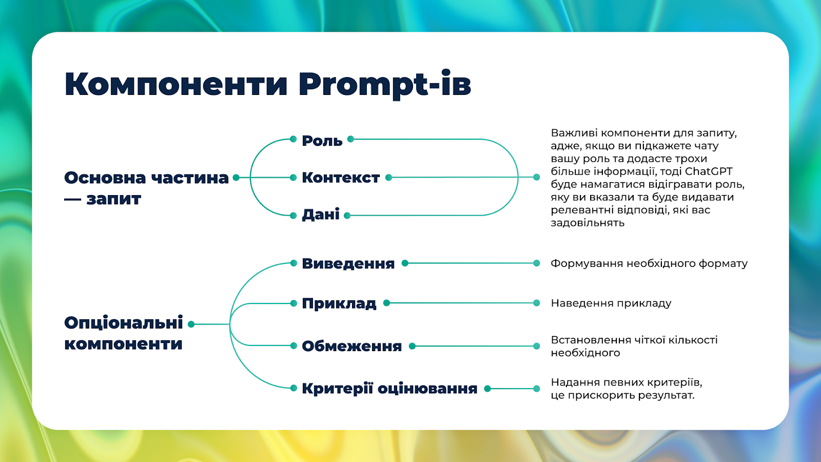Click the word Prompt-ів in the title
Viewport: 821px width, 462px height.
click(x=384, y=84)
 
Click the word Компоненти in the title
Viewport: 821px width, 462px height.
click(x=175, y=84)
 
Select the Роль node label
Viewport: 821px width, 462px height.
click(x=322, y=141)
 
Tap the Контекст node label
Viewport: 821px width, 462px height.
click(x=341, y=178)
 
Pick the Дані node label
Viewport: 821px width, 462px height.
click(x=321, y=215)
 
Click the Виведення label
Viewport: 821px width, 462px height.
click(x=348, y=263)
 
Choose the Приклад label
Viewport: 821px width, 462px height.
click(x=339, y=303)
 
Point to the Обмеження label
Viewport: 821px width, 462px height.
click(x=352, y=346)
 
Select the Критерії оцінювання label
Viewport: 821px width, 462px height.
click(x=389, y=388)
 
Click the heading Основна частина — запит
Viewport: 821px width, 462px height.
click(x=147, y=188)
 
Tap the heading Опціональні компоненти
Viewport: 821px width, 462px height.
click(x=124, y=333)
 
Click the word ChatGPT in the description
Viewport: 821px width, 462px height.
click(x=709, y=171)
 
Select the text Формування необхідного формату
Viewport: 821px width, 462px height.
click(x=649, y=264)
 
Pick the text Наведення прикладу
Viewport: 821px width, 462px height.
click(x=611, y=303)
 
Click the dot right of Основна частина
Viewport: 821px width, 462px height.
click(x=236, y=178)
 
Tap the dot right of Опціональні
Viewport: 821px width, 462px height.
click(x=191, y=324)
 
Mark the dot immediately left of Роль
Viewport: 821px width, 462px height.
click(x=293, y=139)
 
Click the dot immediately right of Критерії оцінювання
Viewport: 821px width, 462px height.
click(x=487, y=389)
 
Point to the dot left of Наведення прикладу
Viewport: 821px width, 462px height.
click(x=537, y=303)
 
